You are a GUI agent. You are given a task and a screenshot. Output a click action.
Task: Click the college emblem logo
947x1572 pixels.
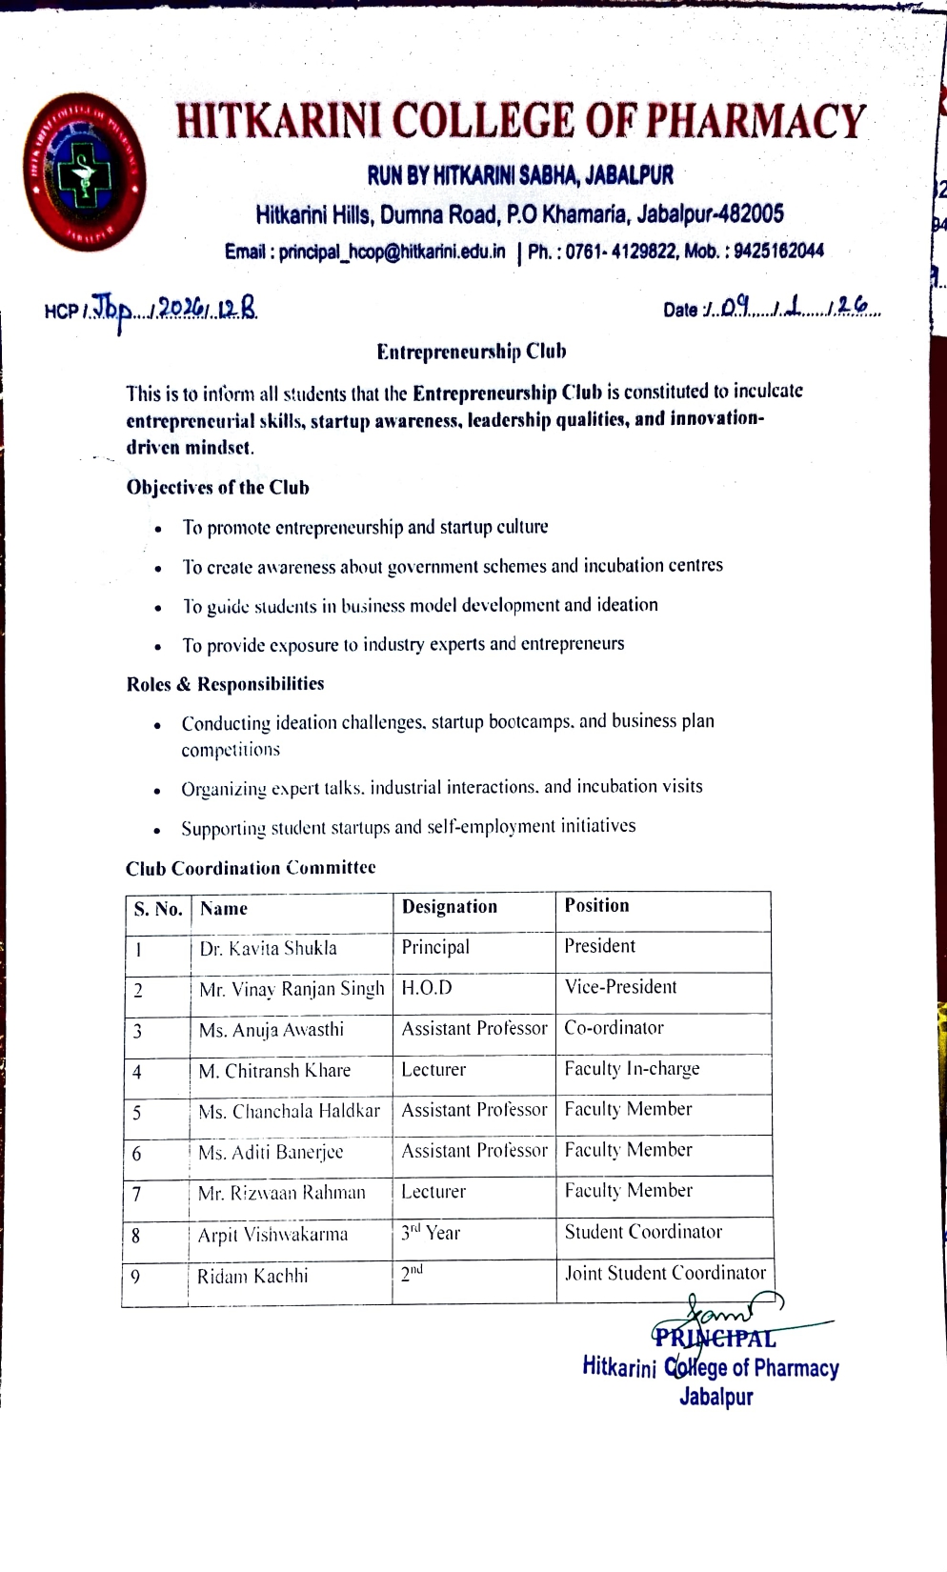(x=85, y=171)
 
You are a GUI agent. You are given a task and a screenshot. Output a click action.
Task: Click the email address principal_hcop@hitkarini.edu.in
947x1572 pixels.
(x=392, y=252)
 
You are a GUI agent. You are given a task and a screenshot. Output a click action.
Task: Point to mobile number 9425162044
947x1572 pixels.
(x=778, y=252)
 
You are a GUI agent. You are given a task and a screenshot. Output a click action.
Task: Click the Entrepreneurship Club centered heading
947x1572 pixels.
(x=472, y=352)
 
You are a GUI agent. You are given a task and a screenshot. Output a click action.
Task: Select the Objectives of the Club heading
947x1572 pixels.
(x=218, y=488)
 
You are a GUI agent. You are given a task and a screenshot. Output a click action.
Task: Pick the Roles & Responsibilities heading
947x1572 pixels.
(x=225, y=684)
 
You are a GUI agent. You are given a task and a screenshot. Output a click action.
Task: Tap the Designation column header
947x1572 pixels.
(x=450, y=907)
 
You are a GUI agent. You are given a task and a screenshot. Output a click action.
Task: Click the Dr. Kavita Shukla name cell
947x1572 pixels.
(x=268, y=949)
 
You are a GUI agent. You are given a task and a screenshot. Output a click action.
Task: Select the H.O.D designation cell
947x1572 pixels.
(x=427, y=988)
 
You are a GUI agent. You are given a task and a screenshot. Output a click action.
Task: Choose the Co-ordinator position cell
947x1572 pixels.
(x=614, y=1028)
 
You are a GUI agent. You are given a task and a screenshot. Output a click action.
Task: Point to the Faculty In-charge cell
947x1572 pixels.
(x=632, y=1069)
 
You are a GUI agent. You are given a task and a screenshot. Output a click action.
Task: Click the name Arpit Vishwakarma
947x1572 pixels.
(x=272, y=1235)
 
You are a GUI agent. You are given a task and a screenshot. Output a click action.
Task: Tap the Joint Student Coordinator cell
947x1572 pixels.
(x=665, y=1273)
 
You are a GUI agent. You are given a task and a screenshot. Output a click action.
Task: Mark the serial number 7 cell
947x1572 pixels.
(x=137, y=1195)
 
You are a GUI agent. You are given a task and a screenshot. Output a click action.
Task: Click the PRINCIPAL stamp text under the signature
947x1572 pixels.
(x=715, y=1339)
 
